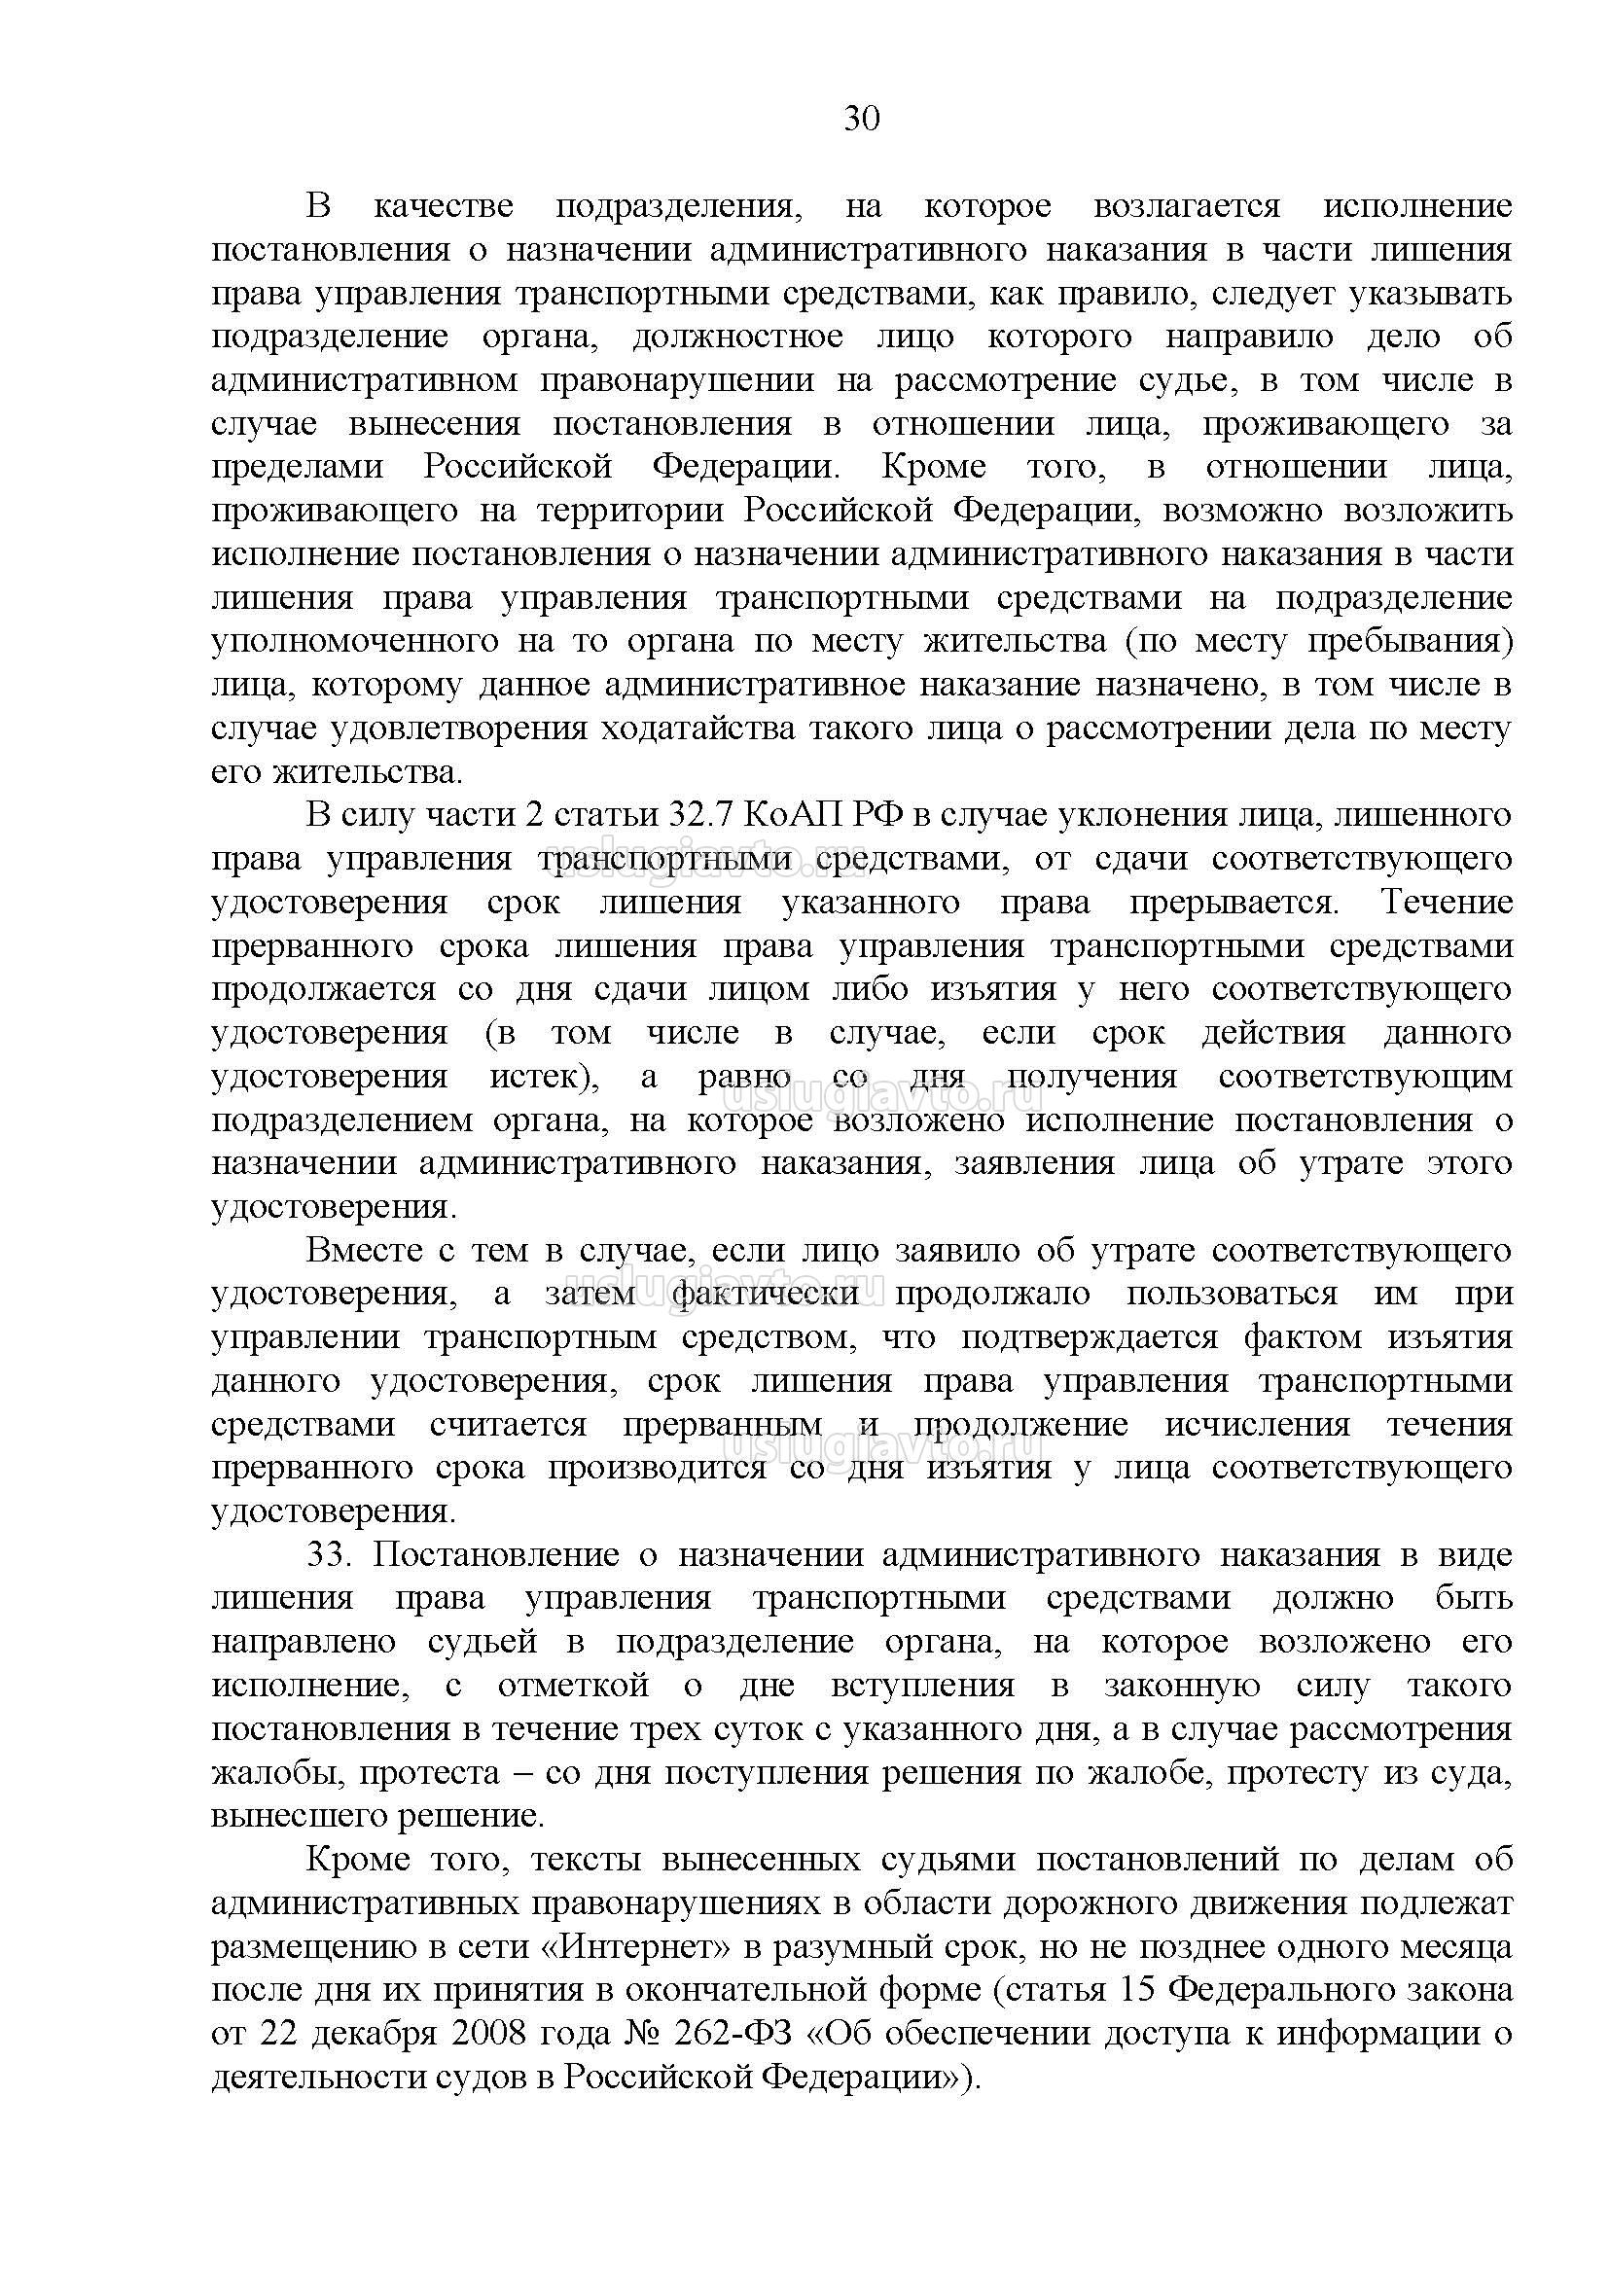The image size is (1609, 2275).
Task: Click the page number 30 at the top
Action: (x=861, y=119)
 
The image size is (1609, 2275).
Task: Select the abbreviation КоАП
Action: (x=794, y=815)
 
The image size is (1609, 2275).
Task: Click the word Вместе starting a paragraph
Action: (x=365, y=1251)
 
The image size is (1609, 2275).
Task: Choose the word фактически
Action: (x=765, y=1294)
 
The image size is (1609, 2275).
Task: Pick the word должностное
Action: (x=738, y=337)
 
